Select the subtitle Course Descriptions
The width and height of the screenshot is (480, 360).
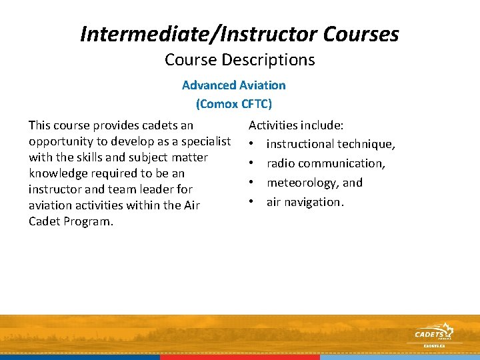tap(239, 60)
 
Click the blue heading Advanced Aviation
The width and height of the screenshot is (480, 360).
tap(233, 85)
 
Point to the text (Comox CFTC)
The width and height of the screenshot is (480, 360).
tap(233, 104)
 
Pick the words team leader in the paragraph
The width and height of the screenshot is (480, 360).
tap(139, 189)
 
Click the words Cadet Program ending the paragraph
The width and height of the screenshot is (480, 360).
tap(71, 221)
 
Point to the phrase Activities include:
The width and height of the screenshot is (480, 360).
tap(296, 125)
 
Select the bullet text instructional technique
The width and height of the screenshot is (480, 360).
tap(331, 144)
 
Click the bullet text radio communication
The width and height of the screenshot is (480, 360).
tap(325, 163)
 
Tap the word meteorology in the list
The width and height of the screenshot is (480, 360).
tap(303, 183)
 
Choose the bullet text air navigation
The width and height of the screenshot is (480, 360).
tap(305, 202)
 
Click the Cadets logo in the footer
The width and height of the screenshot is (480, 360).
tap(433, 334)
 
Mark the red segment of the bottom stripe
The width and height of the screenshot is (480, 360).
tap(240, 357)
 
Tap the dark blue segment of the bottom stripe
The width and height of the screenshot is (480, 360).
tap(80, 357)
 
